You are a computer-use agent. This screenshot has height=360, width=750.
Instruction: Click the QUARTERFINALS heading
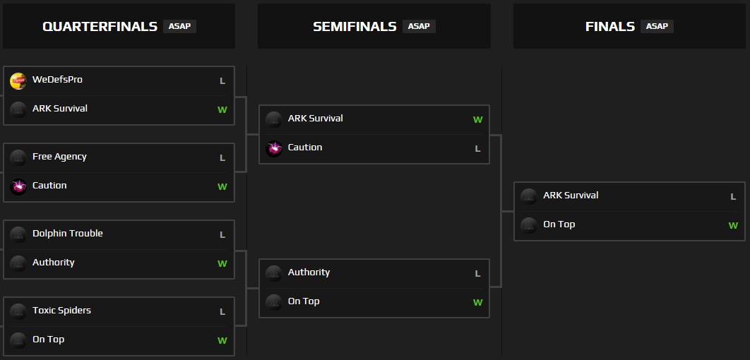pos(100,27)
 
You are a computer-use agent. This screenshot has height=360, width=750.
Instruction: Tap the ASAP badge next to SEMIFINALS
pos(419,26)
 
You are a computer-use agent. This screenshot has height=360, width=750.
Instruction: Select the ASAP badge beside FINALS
pos(657,26)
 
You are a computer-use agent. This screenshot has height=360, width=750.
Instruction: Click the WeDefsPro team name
pos(57,80)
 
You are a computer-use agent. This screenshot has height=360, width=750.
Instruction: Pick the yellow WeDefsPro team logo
pos(18,81)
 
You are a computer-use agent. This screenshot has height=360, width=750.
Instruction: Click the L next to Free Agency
pos(222,158)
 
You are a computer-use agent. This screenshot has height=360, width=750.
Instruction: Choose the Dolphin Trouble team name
pos(68,234)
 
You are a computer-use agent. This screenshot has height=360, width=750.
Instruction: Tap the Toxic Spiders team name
pos(61,311)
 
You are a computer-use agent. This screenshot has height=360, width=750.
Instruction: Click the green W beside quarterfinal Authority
pos(222,264)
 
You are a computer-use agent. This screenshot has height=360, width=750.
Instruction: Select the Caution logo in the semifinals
pos(274,148)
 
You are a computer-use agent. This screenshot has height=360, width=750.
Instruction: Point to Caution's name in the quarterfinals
pos(49,186)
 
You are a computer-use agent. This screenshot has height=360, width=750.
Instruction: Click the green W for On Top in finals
pos(733,226)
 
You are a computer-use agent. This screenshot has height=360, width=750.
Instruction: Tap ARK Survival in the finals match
pos(571,196)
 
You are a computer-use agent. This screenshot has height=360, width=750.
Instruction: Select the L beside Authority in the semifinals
pos(477,274)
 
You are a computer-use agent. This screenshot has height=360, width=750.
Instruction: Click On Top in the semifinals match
pos(304,301)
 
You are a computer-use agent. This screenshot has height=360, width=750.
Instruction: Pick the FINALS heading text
pos(610,27)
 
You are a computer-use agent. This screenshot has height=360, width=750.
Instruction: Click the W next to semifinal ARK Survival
pos(477,120)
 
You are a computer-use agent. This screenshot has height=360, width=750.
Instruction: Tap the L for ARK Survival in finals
pos(733,197)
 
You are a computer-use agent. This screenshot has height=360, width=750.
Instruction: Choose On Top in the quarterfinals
pos(48,340)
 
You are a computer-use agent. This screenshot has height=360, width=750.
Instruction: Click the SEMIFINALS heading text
pos(355,27)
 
